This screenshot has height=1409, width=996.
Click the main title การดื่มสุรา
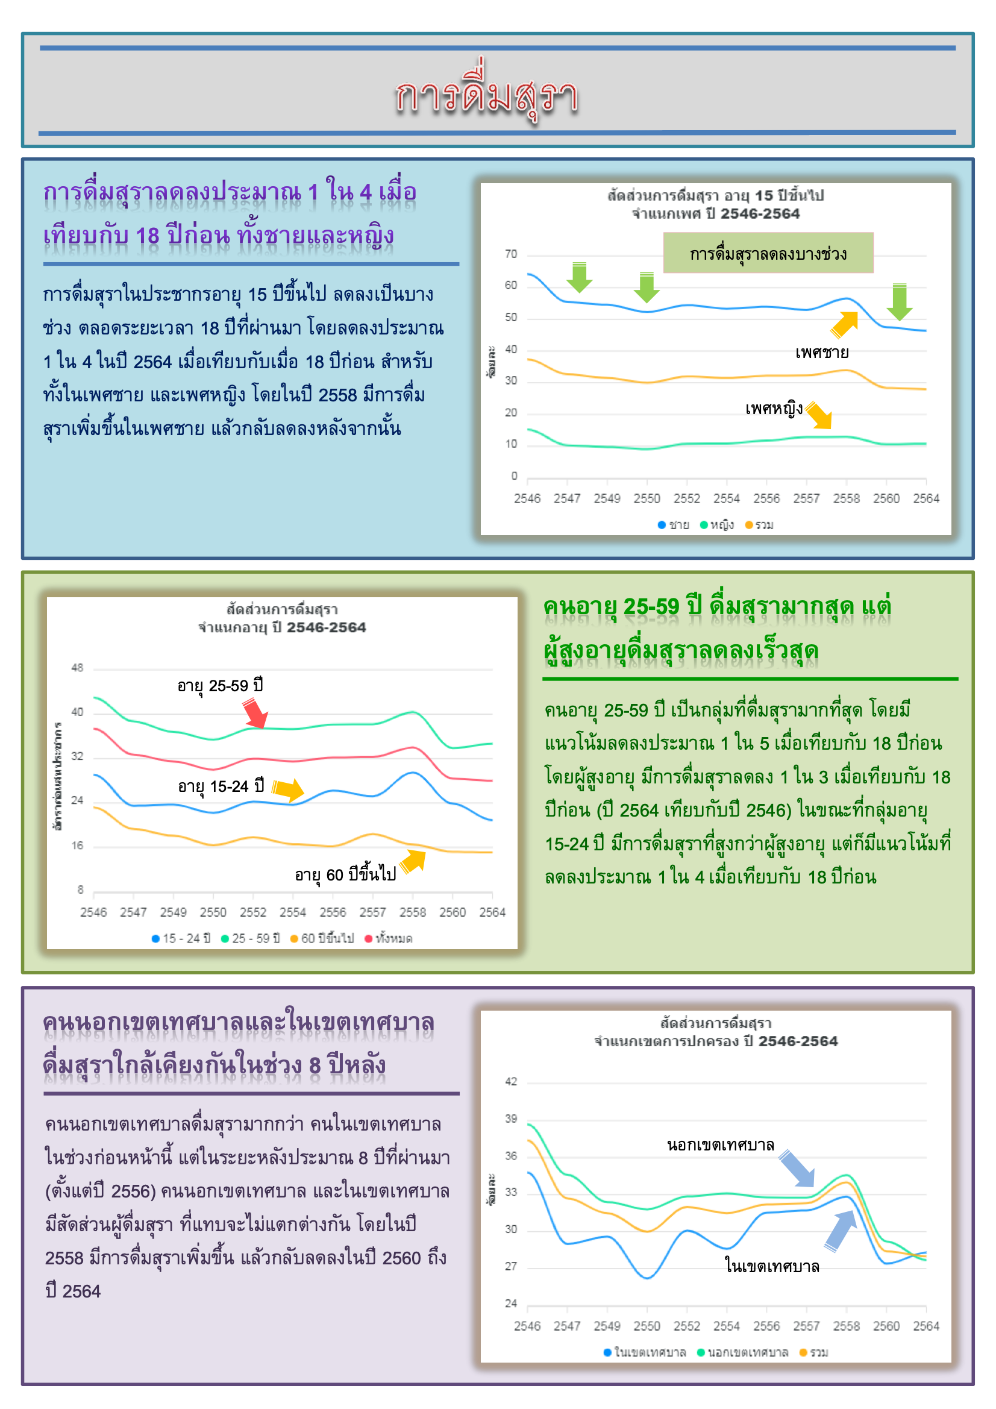click(x=486, y=95)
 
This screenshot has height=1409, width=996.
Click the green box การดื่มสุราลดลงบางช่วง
click(x=768, y=253)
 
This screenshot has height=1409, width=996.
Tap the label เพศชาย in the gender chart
click(x=822, y=352)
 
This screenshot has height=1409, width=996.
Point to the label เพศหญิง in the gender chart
click(x=774, y=408)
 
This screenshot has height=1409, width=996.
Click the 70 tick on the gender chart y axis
click(x=510, y=254)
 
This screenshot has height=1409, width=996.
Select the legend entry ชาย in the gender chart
click(x=673, y=525)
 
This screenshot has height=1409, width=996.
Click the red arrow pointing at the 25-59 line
click(x=255, y=713)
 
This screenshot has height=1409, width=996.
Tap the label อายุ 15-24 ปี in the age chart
click(x=221, y=786)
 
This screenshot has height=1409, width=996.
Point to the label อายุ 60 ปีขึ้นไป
click(x=345, y=874)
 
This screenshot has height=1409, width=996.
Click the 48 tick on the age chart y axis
click(x=77, y=668)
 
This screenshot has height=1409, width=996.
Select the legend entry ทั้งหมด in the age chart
click(x=389, y=938)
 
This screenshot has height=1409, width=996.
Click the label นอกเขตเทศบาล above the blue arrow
click(x=721, y=1145)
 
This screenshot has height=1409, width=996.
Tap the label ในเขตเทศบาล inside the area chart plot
click(x=772, y=1266)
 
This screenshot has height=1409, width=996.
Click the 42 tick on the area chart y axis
click(x=510, y=1081)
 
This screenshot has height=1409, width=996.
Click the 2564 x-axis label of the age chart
click(x=492, y=912)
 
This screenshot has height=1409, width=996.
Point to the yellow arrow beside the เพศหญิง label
click(x=820, y=415)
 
